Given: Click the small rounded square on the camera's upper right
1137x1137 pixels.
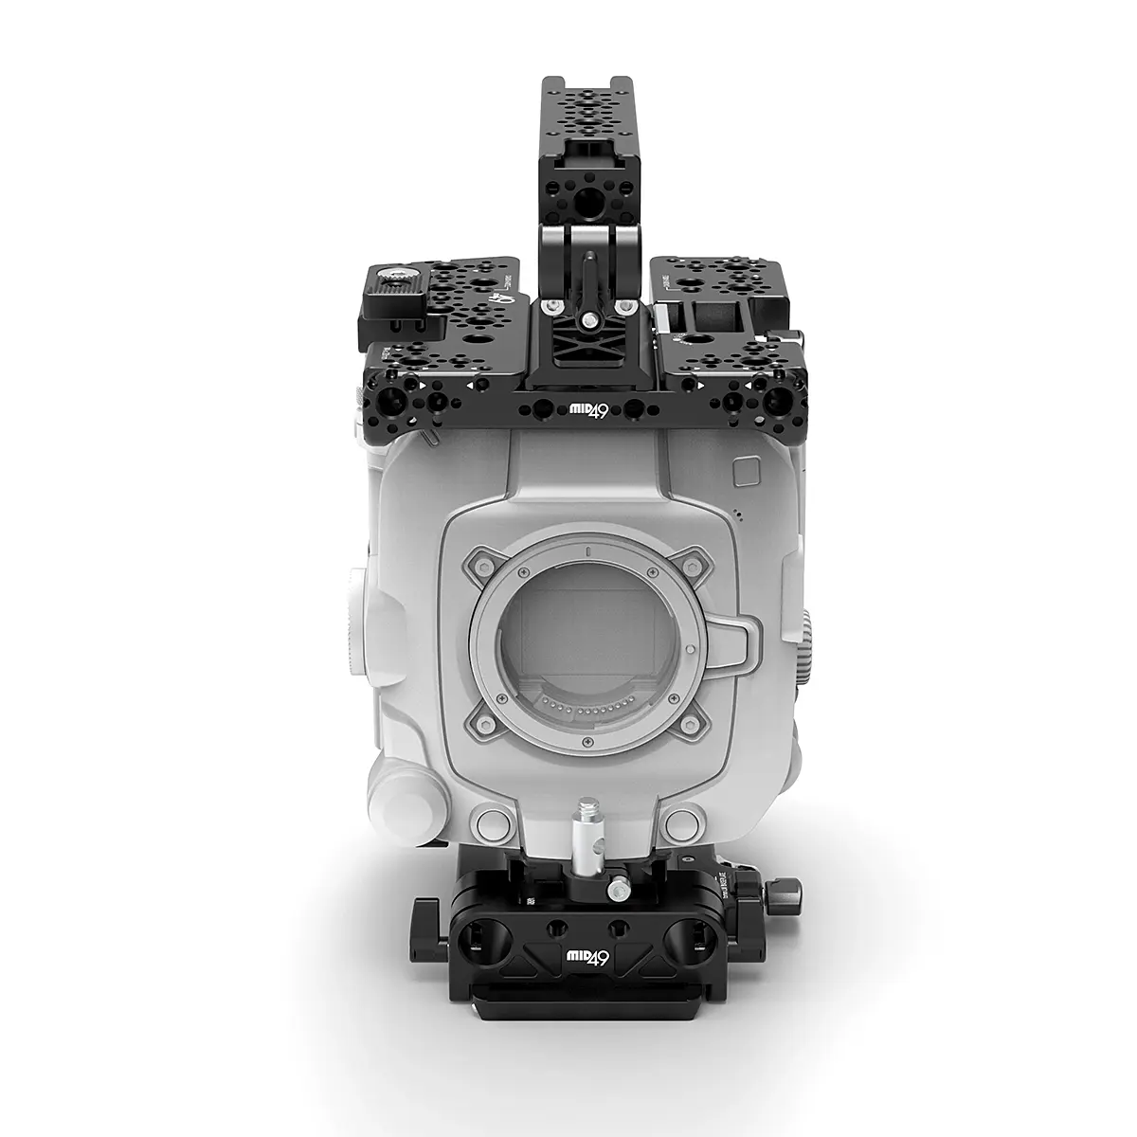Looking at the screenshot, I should (x=746, y=471).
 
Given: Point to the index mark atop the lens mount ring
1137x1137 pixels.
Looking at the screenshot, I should (x=587, y=550).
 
